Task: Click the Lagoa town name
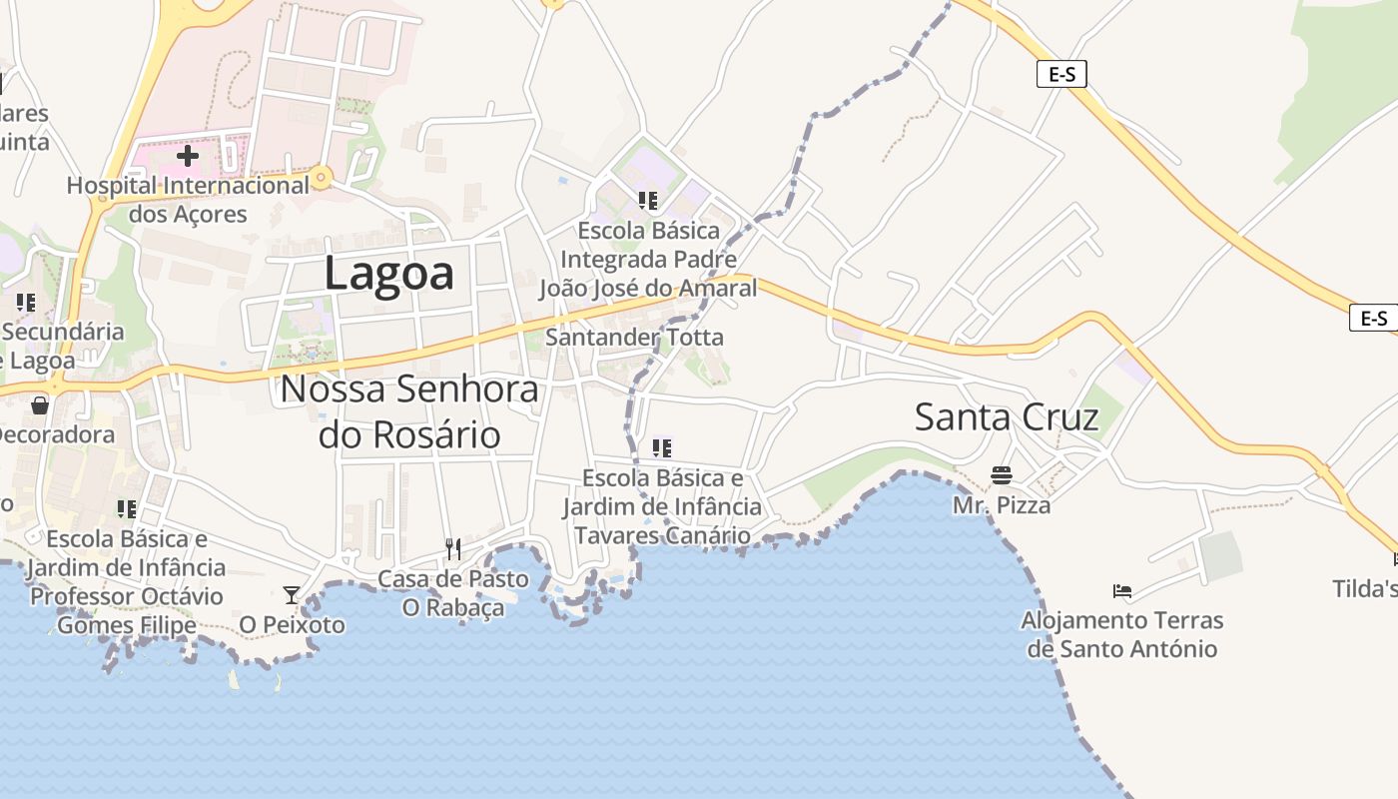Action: click(388, 273)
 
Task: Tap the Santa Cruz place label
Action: click(1007, 416)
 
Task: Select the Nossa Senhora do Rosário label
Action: click(409, 411)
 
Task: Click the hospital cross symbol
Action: click(187, 156)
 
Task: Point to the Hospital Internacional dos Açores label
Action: click(188, 200)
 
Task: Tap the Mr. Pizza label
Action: click(1002, 505)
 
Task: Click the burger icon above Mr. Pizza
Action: click(1002, 474)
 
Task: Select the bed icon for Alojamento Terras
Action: click(1122, 591)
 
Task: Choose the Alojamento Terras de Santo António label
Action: click(1122, 635)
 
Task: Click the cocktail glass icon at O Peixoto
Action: click(291, 595)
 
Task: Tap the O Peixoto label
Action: click(292, 625)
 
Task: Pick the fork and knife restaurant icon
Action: click(452, 548)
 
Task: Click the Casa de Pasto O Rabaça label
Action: click(452, 593)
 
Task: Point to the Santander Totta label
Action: click(634, 338)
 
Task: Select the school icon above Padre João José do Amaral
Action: click(648, 201)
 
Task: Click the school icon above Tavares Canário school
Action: click(661, 448)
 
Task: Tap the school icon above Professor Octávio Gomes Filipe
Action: click(127, 509)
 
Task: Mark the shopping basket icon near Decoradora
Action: click(40, 404)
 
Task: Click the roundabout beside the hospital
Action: click(321, 179)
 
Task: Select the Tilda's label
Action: click(1365, 589)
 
